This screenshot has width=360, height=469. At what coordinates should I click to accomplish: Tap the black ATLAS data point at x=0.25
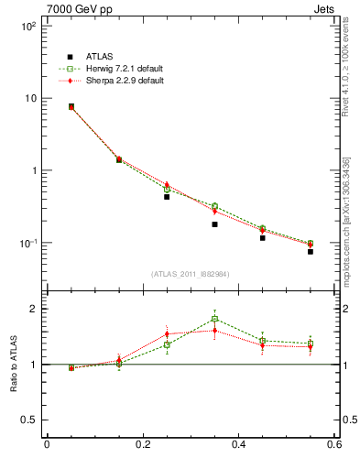click(167, 196)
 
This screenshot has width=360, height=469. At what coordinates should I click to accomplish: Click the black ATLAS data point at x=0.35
click(214, 224)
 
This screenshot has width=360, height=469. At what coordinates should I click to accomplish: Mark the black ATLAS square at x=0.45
click(263, 237)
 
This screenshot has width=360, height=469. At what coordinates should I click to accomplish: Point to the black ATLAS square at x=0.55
click(311, 250)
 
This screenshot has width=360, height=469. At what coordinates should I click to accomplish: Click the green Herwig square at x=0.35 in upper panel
click(214, 206)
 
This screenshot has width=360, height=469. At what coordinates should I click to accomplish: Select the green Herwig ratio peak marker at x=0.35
click(214, 319)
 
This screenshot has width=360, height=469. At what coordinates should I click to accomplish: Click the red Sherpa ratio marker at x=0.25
click(167, 334)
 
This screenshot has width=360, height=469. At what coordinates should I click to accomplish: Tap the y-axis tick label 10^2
click(27, 26)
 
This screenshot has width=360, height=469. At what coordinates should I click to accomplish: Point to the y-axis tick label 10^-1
click(27, 243)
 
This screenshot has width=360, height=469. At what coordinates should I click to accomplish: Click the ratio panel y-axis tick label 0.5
click(28, 420)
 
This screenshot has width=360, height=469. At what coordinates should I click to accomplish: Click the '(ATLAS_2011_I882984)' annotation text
click(191, 274)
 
